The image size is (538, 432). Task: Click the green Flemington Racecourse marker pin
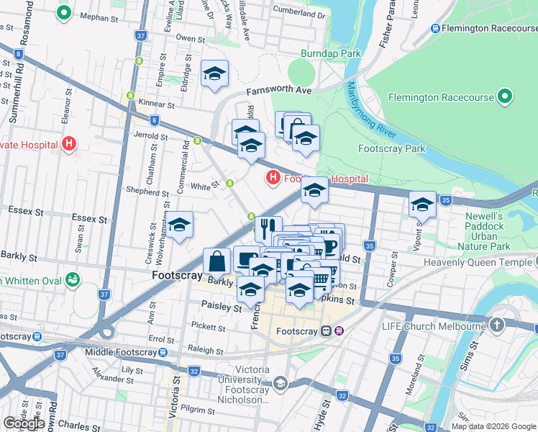pos(505,96)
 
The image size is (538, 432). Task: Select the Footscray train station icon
pos(327,331)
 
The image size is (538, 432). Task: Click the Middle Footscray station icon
pos(163,352)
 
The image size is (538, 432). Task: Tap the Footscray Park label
pos(391,149)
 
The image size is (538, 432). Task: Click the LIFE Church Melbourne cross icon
pos(496,326)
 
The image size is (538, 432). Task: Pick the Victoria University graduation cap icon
pos(281,384)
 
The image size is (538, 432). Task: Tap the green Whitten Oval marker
pos(72,279)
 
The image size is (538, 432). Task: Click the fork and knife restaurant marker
pos(268,228)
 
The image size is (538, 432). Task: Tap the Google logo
pos(23,423)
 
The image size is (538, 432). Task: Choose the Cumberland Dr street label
pos(299,14)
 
